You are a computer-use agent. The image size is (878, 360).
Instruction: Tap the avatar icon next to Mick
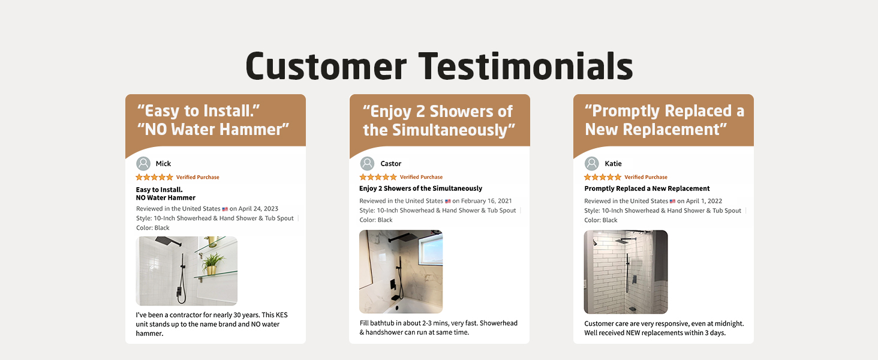click(143, 164)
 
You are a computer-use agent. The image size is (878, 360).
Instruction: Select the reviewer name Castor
click(391, 164)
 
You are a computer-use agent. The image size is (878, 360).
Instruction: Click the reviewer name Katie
click(613, 164)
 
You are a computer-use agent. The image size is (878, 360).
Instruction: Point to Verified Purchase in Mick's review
click(197, 177)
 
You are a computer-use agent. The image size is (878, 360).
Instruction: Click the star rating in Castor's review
click(378, 177)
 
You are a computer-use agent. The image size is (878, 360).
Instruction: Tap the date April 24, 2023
click(258, 209)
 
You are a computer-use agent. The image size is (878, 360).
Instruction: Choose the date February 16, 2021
click(486, 201)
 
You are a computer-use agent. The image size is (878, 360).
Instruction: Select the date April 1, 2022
click(703, 201)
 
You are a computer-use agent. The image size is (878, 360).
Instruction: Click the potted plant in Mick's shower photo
click(212, 263)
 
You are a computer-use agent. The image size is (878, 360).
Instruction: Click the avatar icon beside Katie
click(592, 164)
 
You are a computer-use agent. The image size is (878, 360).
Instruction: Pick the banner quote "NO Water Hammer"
click(214, 130)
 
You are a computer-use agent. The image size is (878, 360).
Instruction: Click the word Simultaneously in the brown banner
click(453, 130)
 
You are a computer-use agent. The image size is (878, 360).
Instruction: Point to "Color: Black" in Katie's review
click(601, 220)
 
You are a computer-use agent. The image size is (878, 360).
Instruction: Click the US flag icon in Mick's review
click(225, 209)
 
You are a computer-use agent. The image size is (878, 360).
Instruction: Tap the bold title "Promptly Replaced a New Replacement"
click(647, 188)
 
